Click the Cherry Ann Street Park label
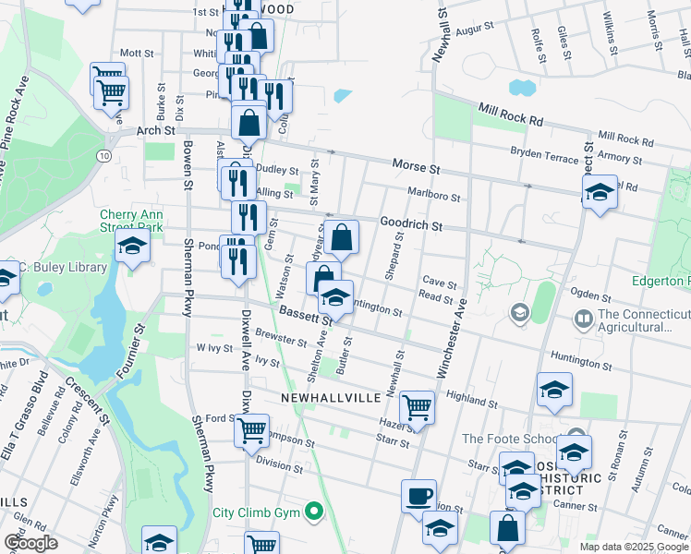pyautogui.click(x=131, y=221)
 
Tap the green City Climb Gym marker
pyautogui.click(x=314, y=511)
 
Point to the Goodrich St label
pyautogui.click(x=411, y=224)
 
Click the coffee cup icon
pyautogui.click(x=418, y=496)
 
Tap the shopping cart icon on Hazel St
pyautogui.click(x=418, y=406)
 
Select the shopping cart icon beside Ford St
pyautogui.click(x=251, y=429)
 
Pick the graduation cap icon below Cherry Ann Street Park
pyautogui.click(x=132, y=247)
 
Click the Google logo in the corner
pyautogui.click(x=30, y=543)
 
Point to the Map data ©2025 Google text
pyautogui.click(x=634, y=547)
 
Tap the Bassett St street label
pyautogui.click(x=306, y=315)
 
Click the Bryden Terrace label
pyautogui.click(x=544, y=158)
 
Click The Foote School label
pyautogui.click(x=510, y=439)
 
